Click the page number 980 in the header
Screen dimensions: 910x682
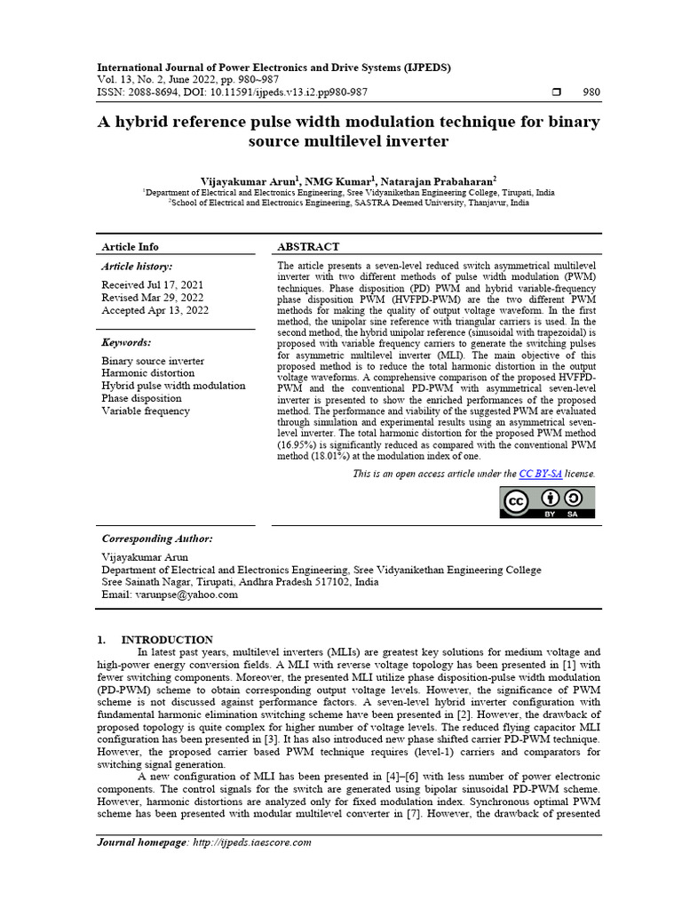click(591, 92)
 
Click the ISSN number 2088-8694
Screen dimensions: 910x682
click(156, 92)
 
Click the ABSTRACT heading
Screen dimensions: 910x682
click(308, 246)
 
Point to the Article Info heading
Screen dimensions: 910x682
click(131, 246)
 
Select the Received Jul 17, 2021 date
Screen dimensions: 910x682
click(153, 284)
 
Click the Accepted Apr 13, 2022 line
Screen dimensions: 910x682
click(155, 310)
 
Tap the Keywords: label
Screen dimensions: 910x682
click(126, 342)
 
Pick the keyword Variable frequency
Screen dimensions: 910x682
click(146, 411)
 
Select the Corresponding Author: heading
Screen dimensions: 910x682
click(157, 539)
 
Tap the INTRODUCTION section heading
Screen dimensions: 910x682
click(167, 639)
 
